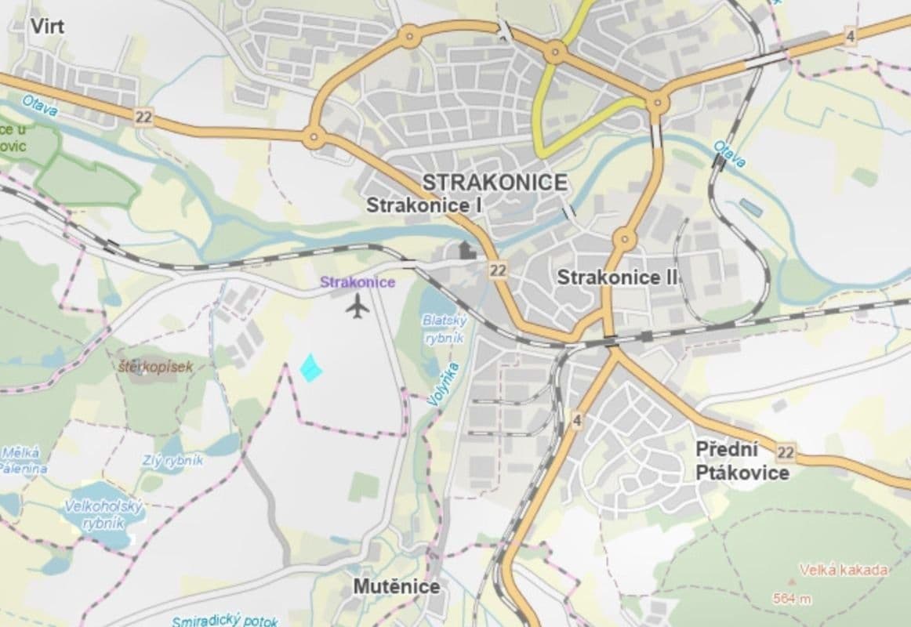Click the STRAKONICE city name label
(x=495, y=183)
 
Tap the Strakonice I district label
(x=424, y=206)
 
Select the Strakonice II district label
(x=617, y=277)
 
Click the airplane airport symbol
(x=358, y=307)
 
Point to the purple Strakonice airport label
(x=358, y=283)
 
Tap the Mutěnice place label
(x=396, y=586)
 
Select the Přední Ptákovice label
(x=741, y=461)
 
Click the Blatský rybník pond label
(x=445, y=329)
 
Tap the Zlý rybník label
(x=172, y=461)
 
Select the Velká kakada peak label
(x=843, y=570)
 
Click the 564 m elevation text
(x=791, y=600)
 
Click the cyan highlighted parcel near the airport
(x=311, y=368)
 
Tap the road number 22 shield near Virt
(x=143, y=118)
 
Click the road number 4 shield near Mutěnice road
(x=578, y=421)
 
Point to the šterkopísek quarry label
(x=155, y=366)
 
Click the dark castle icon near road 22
(x=466, y=251)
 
